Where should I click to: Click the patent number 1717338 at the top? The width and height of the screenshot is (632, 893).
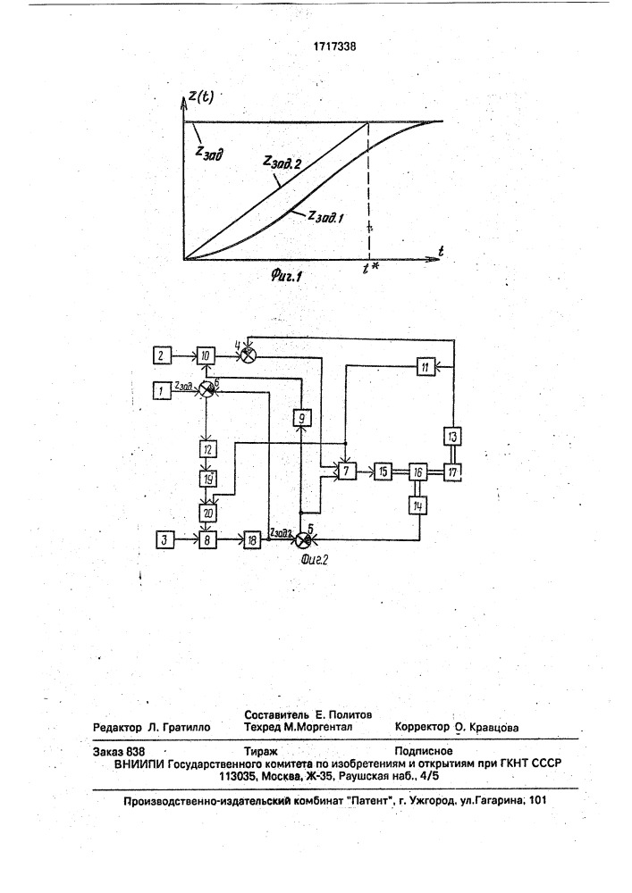[x=335, y=46]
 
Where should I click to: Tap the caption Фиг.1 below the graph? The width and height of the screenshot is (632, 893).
[x=286, y=277]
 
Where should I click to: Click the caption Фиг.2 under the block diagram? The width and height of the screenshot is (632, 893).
[x=315, y=559]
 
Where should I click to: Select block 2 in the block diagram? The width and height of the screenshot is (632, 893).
[x=162, y=356]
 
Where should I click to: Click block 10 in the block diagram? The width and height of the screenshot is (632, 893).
[x=206, y=356]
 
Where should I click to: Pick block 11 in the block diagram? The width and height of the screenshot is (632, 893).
[x=426, y=367]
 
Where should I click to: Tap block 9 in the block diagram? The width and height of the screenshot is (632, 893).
[x=302, y=419]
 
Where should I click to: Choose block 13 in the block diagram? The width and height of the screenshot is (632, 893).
[x=452, y=437]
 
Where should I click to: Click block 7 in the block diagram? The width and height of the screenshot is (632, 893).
[x=346, y=471]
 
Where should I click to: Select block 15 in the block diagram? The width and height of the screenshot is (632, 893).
[x=383, y=471]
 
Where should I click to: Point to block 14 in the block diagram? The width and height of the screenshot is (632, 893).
[x=417, y=505]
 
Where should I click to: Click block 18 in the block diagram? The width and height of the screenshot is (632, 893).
[x=252, y=539]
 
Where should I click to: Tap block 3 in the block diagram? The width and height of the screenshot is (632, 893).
[x=164, y=539]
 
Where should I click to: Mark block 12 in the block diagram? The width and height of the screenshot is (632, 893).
[x=207, y=449]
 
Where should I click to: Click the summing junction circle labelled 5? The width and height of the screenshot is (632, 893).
[x=306, y=539]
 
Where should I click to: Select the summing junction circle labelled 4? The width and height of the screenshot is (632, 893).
[x=248, y=355]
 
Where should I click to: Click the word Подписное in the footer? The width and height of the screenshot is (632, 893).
[x=424, y=751]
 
